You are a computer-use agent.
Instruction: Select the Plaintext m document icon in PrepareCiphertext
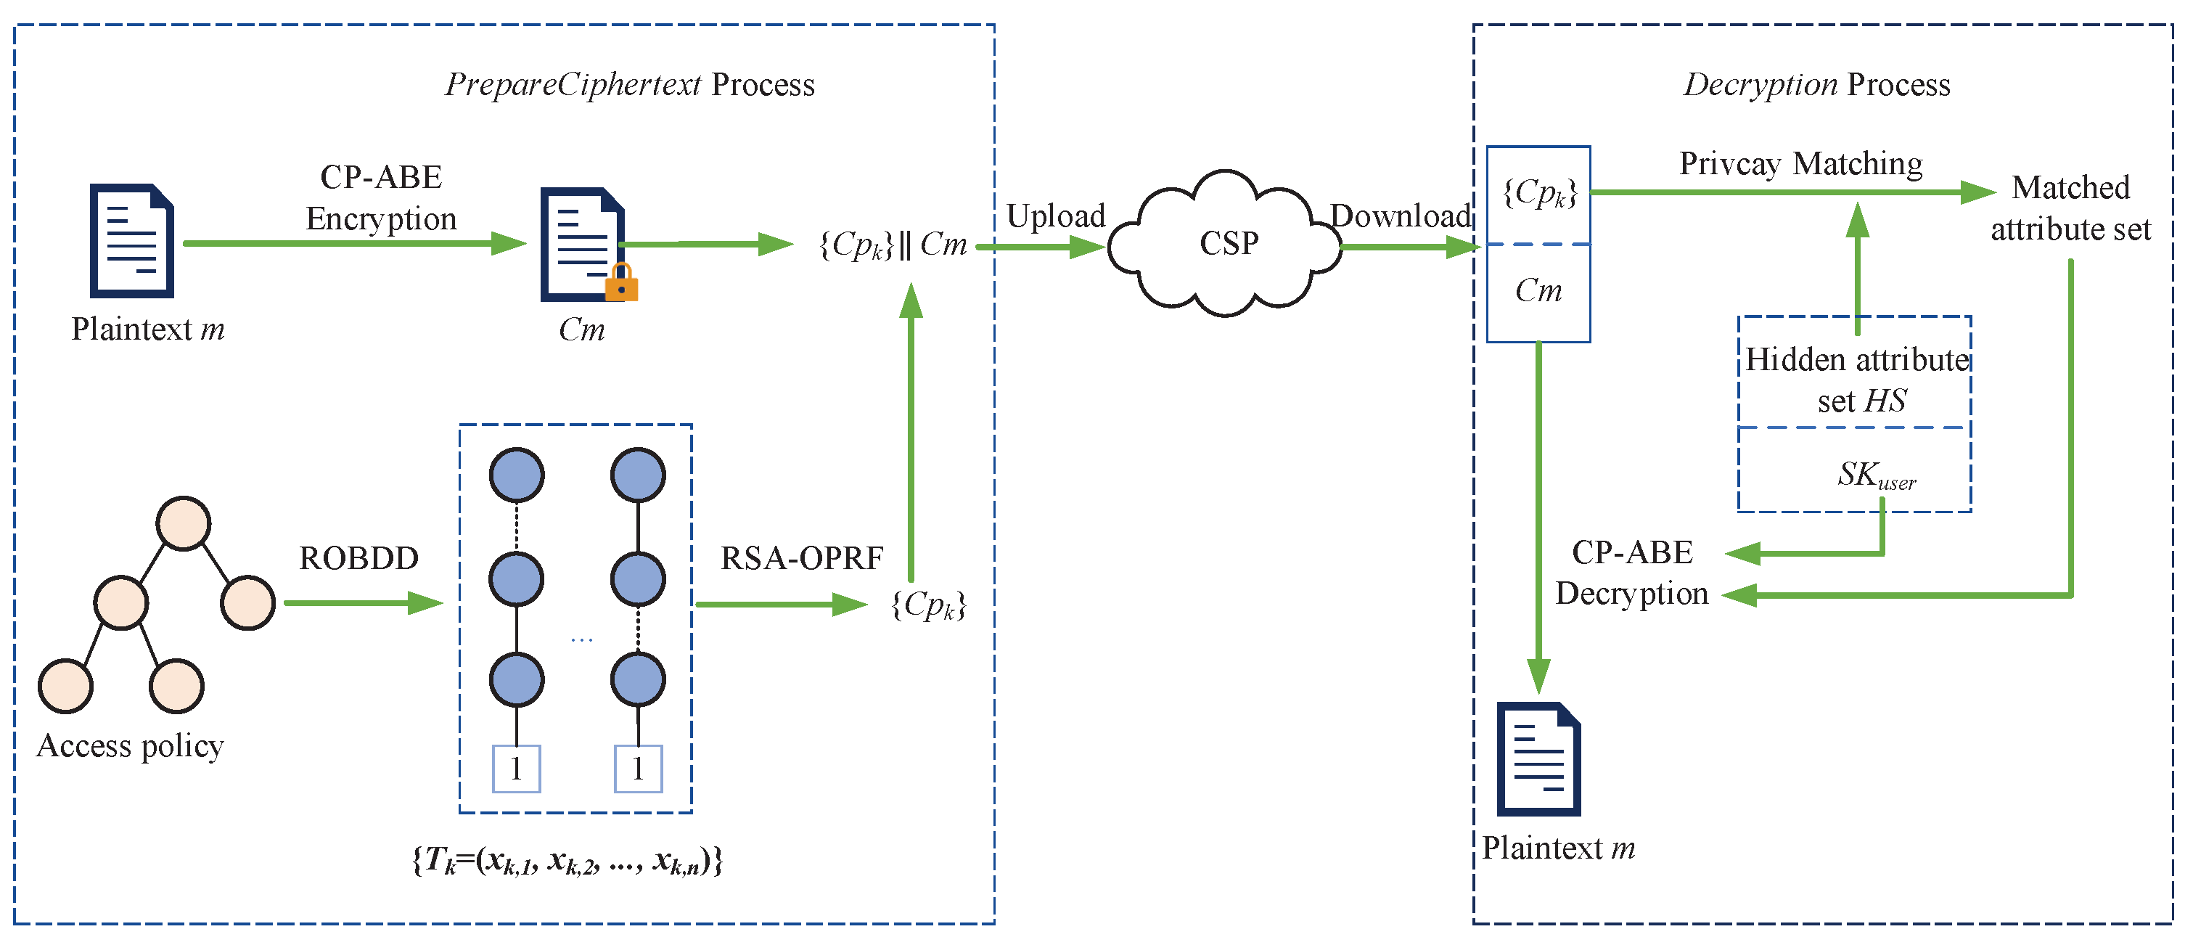click(132, 241)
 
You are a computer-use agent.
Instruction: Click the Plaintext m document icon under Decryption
click(1538, 759)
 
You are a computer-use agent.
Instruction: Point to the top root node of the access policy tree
click(183, 523)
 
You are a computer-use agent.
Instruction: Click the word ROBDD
click(358, 558)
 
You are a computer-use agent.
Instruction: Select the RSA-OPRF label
click(801, 558)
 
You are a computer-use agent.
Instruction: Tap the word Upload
click(1056, 216)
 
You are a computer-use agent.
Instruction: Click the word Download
click(1401, 216)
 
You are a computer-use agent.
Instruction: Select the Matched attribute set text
click(2070, 208)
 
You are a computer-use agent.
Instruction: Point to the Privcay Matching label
click(1800, 163)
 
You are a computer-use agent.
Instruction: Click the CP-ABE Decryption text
click(1631, 573)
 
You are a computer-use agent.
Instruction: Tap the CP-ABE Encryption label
click(382, 197)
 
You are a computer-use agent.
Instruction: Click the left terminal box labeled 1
click(517, 769)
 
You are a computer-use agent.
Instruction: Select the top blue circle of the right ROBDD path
click(638, 475)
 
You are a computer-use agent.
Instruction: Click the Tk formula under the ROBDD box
click(567, 861)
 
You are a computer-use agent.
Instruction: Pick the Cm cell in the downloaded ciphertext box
click(1538, 291)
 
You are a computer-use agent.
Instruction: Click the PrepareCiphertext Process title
click(630, 85)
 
